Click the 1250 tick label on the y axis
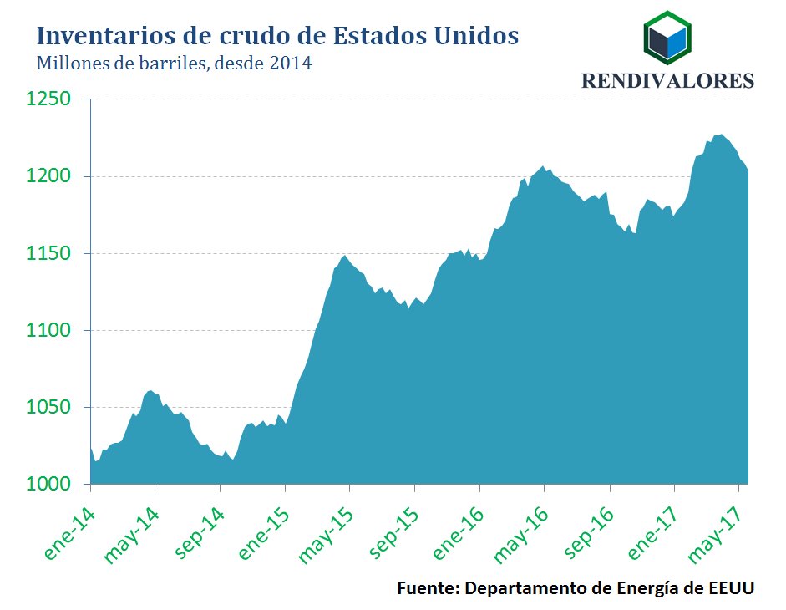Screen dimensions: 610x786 click(47, 99)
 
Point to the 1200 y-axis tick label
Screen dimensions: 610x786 click(47, 176)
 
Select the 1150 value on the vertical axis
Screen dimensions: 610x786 click(47, 253)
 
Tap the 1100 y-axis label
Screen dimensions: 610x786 click(47, 331)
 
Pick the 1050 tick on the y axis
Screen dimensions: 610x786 click(47, 408)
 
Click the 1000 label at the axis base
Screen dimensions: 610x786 click(47, 485)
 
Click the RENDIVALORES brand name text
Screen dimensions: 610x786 click(667, 80)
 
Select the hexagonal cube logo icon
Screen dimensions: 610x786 click(667, 38)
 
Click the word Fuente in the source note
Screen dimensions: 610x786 click(427, 587)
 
